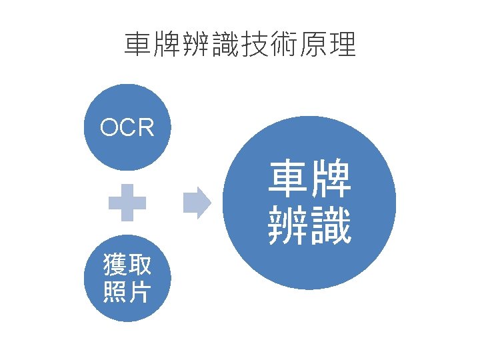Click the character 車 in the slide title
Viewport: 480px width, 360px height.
[x=138, y=45]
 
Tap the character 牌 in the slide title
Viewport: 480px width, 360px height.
[x=167, y=45]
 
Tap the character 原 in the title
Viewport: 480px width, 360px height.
[x=314, y=45]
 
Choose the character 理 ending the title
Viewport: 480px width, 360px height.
[x=343, y=45]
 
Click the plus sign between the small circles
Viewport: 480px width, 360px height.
[x=127, y=203]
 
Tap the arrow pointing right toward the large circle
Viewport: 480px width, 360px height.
[x=197, y=203]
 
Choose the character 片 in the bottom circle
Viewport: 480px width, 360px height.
[x=139, y=292]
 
